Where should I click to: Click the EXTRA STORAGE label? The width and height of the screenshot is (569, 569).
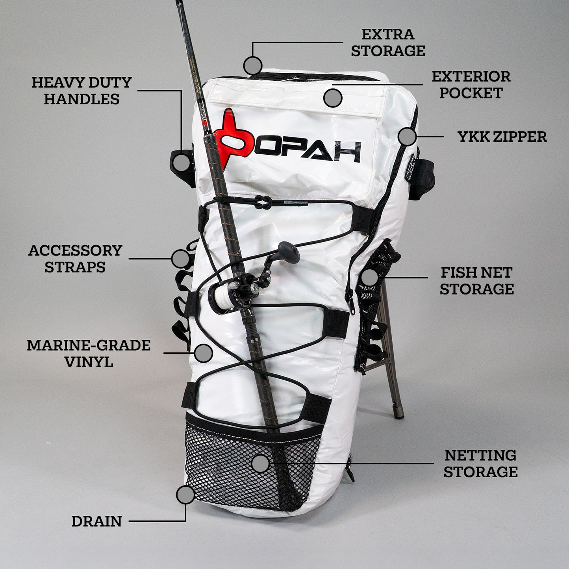(x=388, y=43)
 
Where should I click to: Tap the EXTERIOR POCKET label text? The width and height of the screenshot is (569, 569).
(x=471, y=85)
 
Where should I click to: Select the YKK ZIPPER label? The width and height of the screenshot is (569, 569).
(x=502, y=137)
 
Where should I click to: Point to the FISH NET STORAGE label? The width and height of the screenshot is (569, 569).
(x=476, y=280)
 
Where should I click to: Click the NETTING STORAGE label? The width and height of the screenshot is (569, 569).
(x=480, y=463)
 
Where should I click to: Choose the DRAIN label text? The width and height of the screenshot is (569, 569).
(x=96, y=521)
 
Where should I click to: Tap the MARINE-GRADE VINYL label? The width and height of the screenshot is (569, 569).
(x=89, y=354)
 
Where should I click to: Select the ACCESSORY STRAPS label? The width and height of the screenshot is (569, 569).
(x=75, y=259)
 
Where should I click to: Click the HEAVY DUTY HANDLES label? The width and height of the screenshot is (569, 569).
(x=82, y=91)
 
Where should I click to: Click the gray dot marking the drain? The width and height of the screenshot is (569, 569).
(x=185, y=495)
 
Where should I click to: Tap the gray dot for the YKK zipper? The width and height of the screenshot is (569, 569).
(x=407, y=136)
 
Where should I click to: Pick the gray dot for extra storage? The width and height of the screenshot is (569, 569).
(x=253, y=65)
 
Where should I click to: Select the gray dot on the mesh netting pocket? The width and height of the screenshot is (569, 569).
(x=260, y=463)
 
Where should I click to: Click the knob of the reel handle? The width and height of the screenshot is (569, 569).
(x=288, y=252)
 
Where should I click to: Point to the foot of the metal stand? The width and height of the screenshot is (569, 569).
(x=399, y=415)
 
